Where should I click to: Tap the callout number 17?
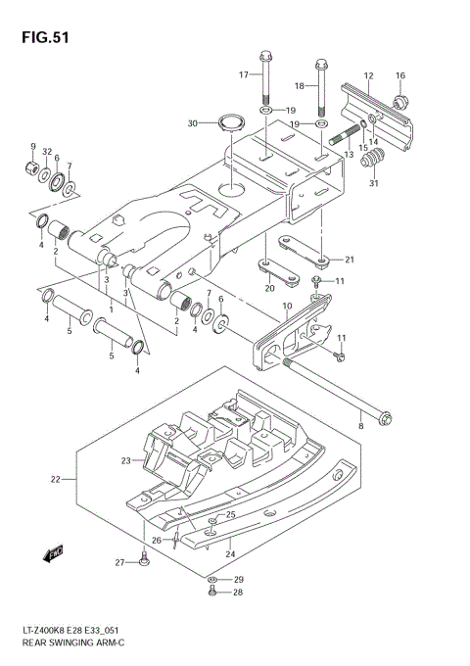pos(244,74)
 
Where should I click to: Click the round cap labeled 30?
pos(231,123)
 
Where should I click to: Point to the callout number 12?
pos(369,75)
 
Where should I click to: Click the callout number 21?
pos(349,260)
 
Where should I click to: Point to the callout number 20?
pos(269,288)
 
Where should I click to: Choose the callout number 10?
pos(286,308)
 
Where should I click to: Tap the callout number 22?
pos(57,479)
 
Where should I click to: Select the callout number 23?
pos(126,460)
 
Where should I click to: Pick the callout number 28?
pos(238,593)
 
